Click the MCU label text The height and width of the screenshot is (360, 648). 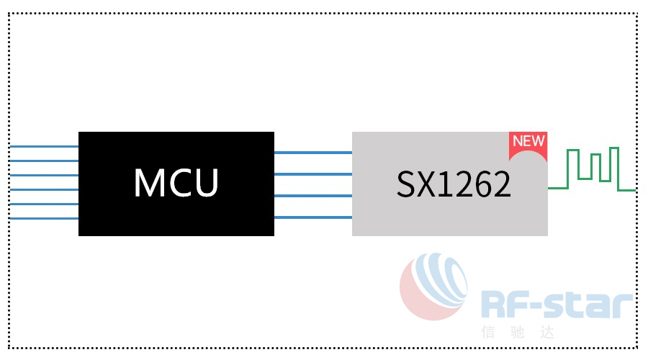pos(176,183)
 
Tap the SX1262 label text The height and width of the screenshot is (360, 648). pos(454,185)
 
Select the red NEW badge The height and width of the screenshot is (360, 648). pos(528,142)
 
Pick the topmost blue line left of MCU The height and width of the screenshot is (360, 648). pos(43,146)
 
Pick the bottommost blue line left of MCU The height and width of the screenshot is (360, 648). pos(43,218)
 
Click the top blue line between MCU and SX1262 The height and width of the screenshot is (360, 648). pos(313,153)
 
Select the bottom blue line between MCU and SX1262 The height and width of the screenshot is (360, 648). pos(313,217)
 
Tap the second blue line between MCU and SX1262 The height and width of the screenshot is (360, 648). pos(313,174)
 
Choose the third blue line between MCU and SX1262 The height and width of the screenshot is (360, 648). pos(313,196)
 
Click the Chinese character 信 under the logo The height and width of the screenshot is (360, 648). pos(489,333)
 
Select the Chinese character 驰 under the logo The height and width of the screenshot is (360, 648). pos(518,333)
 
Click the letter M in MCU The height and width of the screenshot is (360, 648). pos(148,183)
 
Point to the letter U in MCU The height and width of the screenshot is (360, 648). pos(206,183)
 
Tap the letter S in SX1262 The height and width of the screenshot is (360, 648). pos(405,185)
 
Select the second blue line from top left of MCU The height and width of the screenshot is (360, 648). pos(43,161)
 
